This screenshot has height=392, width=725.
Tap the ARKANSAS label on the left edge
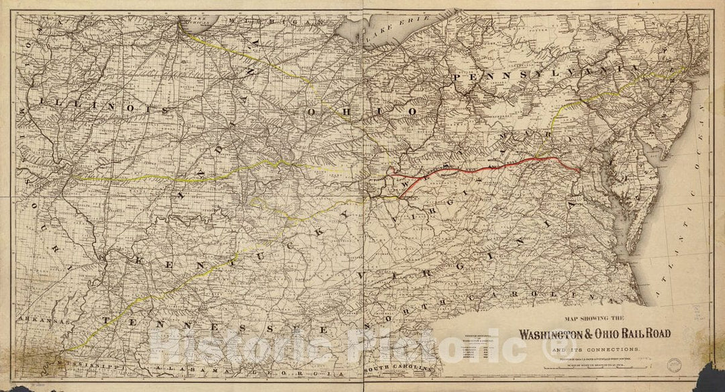pyautogui.click(x=38, y=321)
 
